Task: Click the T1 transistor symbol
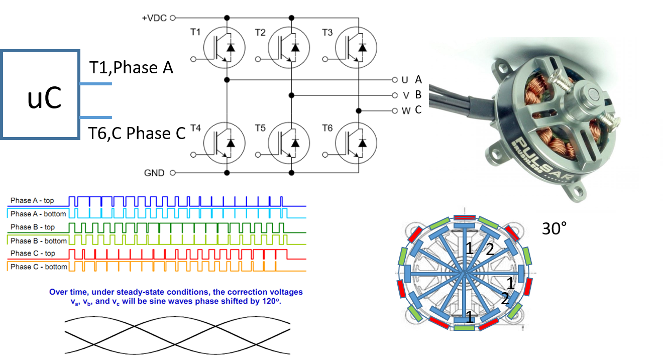(x=224, y=48)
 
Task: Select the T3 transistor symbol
(x=356, y=48)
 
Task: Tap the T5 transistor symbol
(x=289, y=143)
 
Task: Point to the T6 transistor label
(x=327, y=128)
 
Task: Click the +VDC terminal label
(x=154, y=18)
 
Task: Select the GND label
(x=154, y=173)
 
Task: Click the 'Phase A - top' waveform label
(x=33, y=201)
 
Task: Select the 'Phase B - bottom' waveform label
(x=38, y=241)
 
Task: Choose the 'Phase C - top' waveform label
(x=33, y=254)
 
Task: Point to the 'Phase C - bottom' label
(x=38, y=267)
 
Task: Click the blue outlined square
(x=41, y=94)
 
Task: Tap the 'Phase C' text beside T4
(x=156, y=134)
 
